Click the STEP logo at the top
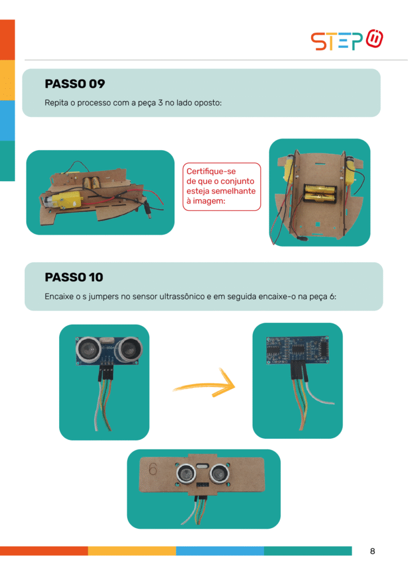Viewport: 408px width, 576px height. pos(347,40)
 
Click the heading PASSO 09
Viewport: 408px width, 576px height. pos(75,84)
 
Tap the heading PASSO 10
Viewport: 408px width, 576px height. pos(74,277)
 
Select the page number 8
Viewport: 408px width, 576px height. pos(373,551)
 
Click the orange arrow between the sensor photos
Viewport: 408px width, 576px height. pos(204,384)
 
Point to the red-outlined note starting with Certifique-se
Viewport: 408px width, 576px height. pos(222,187)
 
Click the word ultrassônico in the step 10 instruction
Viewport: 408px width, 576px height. pos(182,296)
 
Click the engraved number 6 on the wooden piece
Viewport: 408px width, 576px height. pos(153,469)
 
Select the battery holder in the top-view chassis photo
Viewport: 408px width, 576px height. pos(320,194)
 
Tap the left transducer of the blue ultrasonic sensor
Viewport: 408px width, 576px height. pos(88,348)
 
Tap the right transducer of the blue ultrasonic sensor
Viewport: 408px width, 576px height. pos(129,349)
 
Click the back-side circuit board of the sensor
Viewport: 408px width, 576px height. pos(297,350)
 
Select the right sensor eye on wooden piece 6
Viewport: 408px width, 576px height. pos(219,474)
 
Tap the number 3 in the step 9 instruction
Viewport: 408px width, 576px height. pos(160,103)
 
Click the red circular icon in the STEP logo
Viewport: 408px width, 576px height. pos(375,39)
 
